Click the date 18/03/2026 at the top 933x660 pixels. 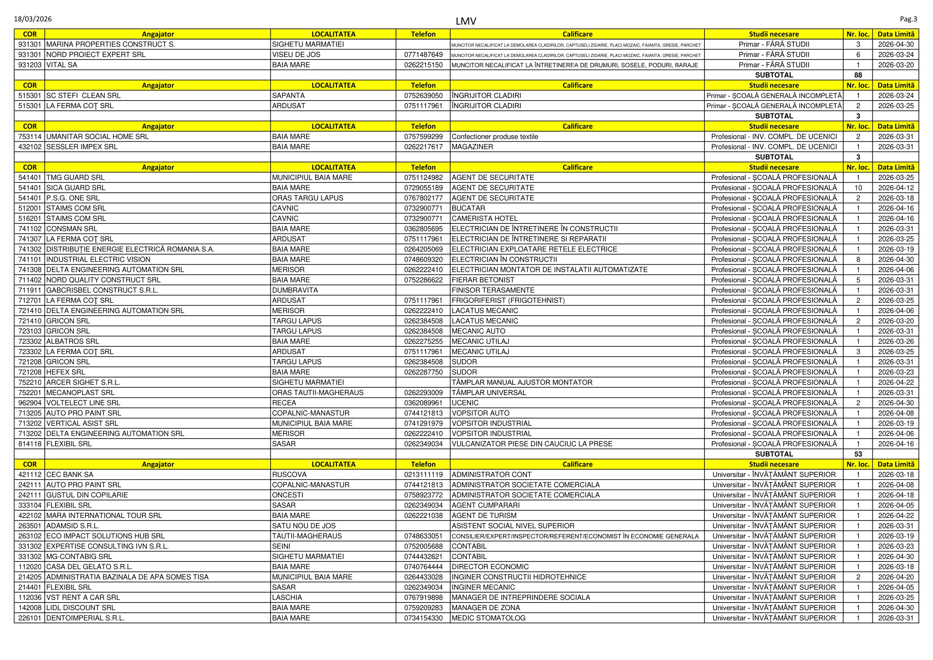(x=33, y=19)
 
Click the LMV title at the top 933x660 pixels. (x=466, y=21)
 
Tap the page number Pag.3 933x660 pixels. (x=908, y=19)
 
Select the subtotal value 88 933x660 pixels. (x=858, y=75)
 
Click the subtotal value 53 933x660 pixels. (x=858, y=454)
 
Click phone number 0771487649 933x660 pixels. (x=423, y=55)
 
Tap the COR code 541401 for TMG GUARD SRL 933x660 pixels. (x=30, y=178)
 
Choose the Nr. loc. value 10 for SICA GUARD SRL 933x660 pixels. (x=858, y=188)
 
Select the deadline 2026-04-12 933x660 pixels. (x=896, y=188)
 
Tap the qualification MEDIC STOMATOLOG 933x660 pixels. (x=489, y=618)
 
